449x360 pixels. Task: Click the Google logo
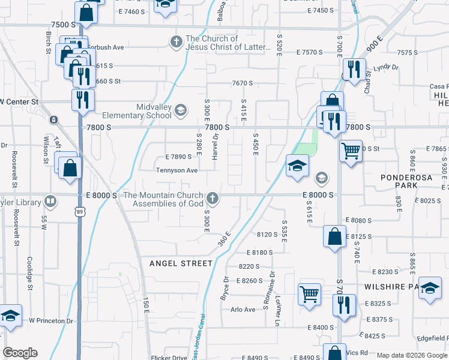click(20, 353)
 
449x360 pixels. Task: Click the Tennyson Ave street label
click(176, 170)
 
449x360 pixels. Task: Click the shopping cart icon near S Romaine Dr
click(309, 295)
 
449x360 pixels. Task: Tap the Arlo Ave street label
click(243, 310)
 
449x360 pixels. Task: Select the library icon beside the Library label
click(51, 201)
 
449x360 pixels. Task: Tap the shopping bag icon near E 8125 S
click(334, 236)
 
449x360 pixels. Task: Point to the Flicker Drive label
click(171, 358)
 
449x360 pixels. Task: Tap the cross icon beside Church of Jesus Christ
click(176, 41)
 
